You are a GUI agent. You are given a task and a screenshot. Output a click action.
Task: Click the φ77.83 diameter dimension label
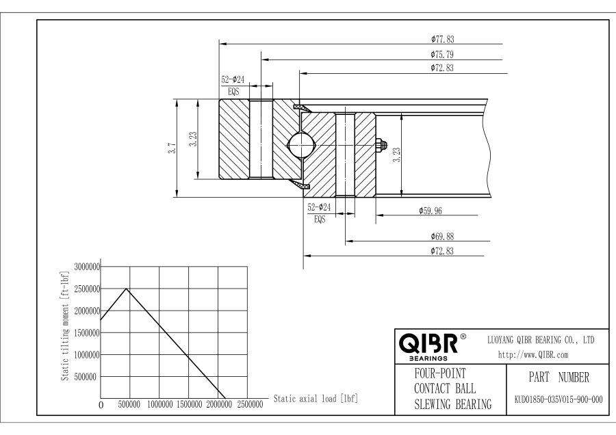(442, 39)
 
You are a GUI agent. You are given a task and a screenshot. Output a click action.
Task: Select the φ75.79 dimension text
(442, 55)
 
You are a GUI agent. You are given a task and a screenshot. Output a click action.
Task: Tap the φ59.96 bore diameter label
(431, 211)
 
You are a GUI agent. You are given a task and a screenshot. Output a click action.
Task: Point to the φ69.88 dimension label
(442, 237)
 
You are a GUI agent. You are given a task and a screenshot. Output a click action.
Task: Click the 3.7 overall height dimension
(172, 148)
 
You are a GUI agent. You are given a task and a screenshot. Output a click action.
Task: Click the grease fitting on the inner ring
(381, 145)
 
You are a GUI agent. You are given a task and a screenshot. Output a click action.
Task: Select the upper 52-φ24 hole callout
(233, 80)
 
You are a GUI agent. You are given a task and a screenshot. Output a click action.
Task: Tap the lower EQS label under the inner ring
(320, 220)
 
